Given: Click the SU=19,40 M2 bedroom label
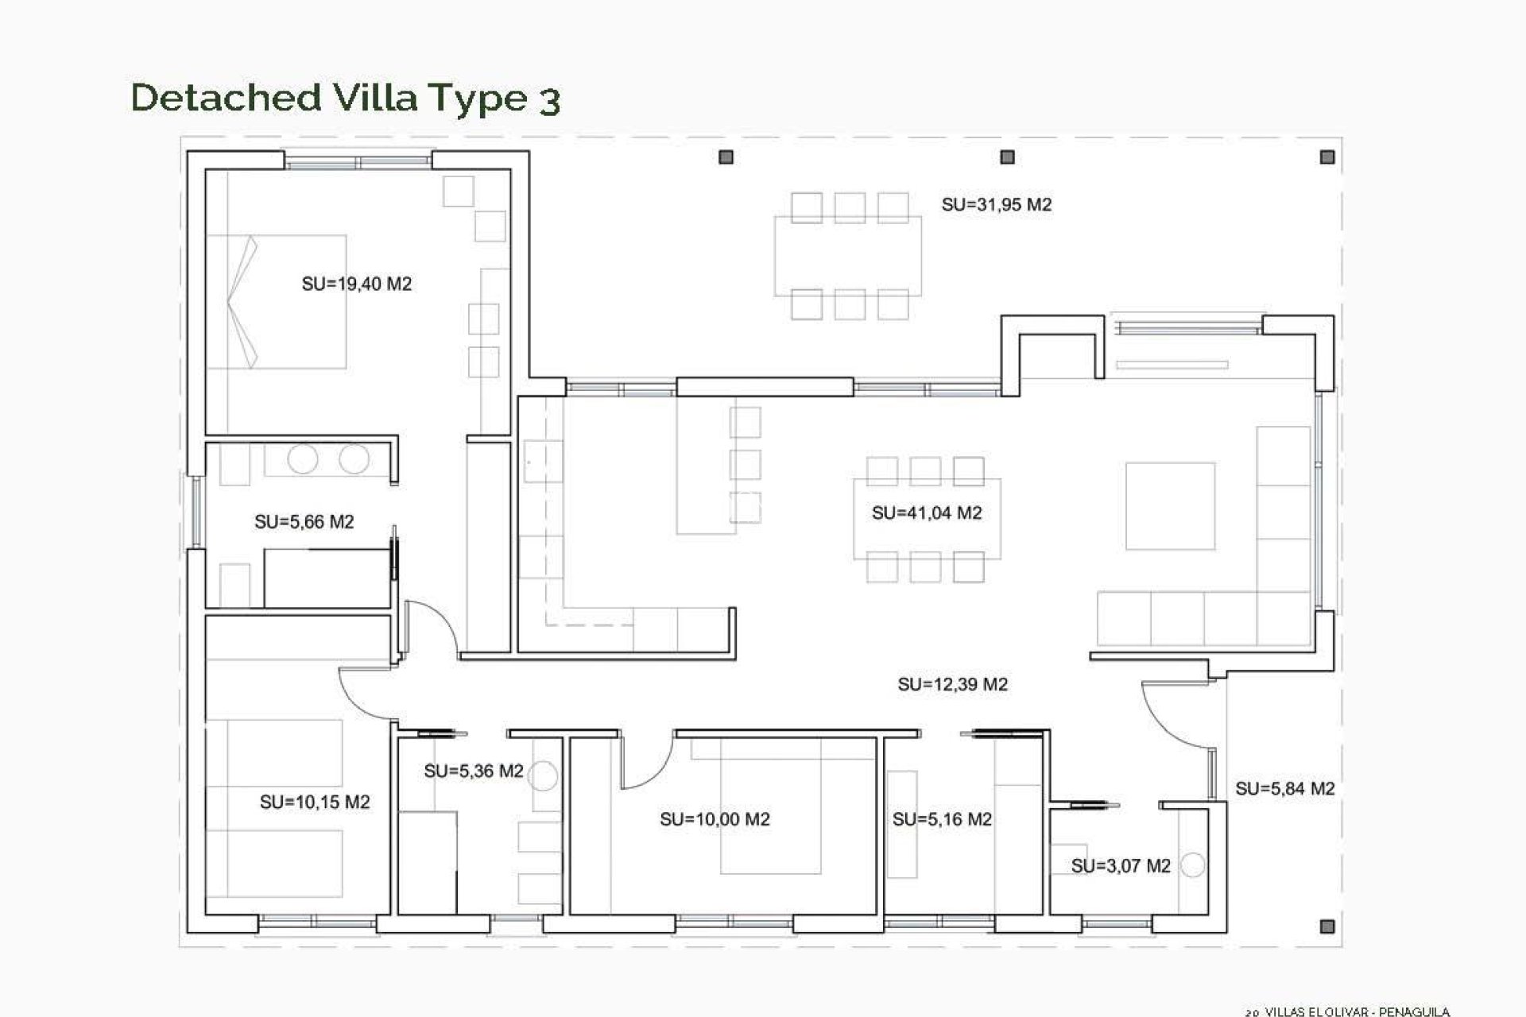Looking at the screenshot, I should point(356,284).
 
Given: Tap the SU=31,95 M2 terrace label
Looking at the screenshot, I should point(996,204).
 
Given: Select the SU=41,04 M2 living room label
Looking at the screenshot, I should point(927,512).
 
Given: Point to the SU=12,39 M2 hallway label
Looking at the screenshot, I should point(952,684).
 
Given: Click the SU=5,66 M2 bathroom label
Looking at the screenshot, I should point(304,522).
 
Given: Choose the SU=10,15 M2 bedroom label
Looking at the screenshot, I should point(315,802).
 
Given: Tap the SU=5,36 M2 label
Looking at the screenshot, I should point(474,771).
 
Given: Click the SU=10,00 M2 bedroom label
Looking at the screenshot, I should point(715,819).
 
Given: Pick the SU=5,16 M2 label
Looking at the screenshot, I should point(942,819).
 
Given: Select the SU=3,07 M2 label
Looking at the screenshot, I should point(1121,866).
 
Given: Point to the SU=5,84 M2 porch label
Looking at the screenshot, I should point(1284,788).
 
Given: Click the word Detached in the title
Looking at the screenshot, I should point(226,97).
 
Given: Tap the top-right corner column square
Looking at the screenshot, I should point(1327,157).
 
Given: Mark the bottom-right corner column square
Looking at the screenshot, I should point(1327,926).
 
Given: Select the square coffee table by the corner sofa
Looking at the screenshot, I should point(1170,506).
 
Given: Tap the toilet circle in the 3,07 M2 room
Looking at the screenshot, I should point(1192,865).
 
